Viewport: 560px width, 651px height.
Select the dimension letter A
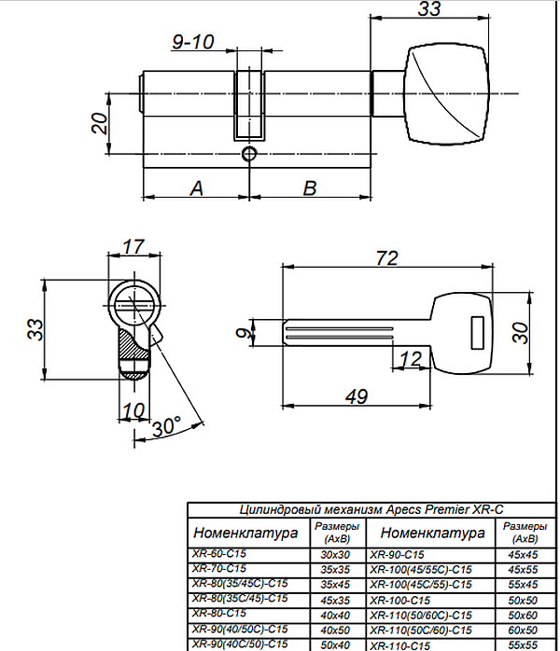coord(196,187)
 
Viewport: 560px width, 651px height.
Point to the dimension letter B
coord(311,187)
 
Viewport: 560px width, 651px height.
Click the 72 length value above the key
coord(387,256)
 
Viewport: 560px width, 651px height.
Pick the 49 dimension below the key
coord(356,395)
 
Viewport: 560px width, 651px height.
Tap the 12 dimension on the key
coord(411,359)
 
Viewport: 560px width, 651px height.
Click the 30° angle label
coord(165,427)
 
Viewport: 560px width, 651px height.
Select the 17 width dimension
coord(133,248)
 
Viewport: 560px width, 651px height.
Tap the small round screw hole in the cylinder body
coord(248,154)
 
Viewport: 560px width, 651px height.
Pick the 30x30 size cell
coord(334,554)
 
